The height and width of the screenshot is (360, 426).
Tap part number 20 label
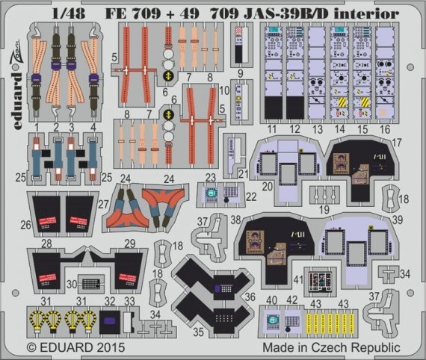point(266,184)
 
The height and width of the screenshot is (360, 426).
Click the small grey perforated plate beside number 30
point(91,284)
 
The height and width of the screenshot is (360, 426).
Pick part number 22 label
point(252,196)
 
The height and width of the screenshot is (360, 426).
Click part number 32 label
point(110,302)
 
